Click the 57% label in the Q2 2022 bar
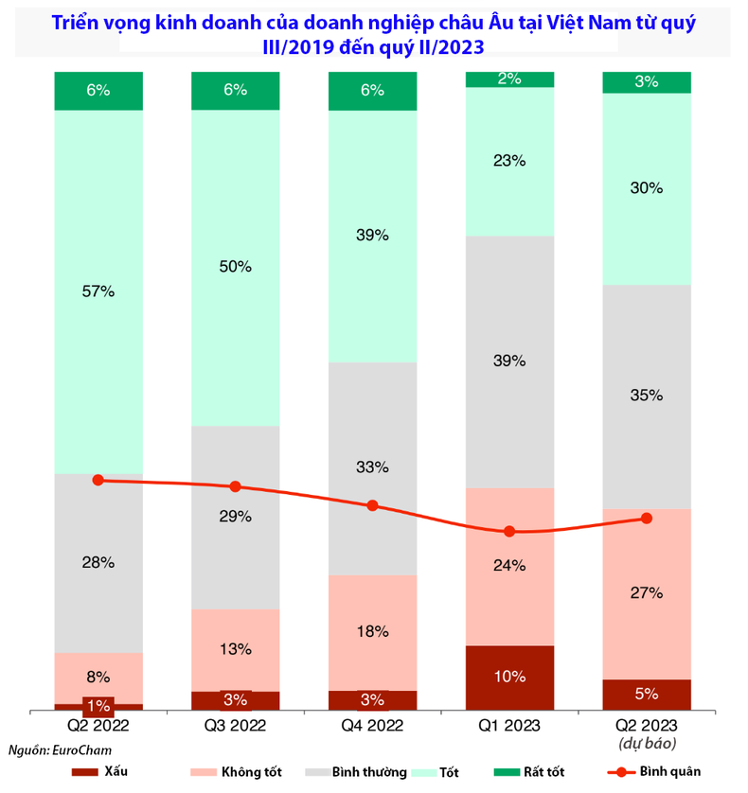(98, 292)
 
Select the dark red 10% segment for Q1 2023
(509, 677)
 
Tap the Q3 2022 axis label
(236, 726)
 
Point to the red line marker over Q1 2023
(509, 532)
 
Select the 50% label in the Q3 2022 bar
(236, 267)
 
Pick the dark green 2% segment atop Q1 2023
(509, 79)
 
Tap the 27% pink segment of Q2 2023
(647, 593)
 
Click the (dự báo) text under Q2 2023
(647, 745)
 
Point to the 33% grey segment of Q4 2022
(372, 467)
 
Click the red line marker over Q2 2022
(98, 480)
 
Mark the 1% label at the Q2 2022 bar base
(98, 705)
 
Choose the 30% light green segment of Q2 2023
(647, 188)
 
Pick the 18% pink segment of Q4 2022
(372, 632)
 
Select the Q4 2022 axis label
(372, 726)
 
